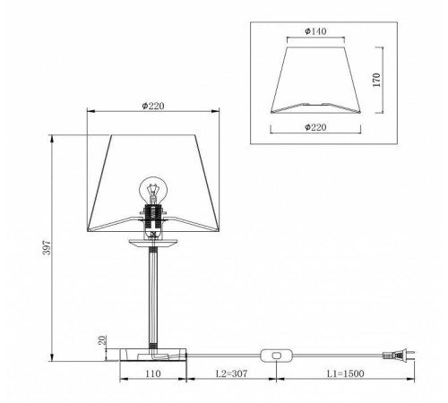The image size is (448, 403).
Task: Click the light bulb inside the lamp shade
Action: [x=153, y=190]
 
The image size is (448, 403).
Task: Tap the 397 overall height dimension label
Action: [x=47, y=247]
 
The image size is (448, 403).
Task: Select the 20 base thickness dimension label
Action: [x=102, y=340]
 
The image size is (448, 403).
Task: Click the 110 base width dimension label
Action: [x=153, y=373]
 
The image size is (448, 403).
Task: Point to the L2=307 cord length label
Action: [x=231, y=373]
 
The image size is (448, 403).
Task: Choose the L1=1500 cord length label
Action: [x=345, y=373]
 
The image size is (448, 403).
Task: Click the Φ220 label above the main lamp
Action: [x=153, y=106]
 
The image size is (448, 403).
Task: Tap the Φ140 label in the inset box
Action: [x=315, y=31]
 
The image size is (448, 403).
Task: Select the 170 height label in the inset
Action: [x=377, y=80]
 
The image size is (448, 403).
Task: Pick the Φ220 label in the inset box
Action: [x=315, y=127]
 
